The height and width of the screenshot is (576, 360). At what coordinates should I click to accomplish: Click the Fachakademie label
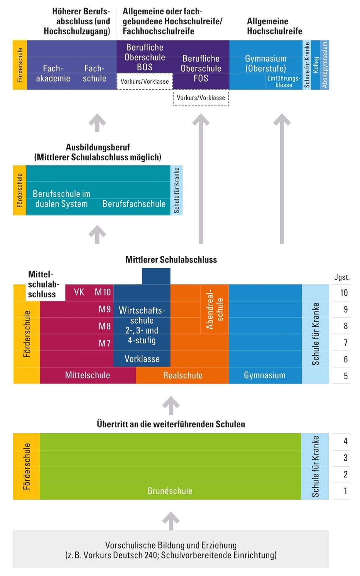point(53,73)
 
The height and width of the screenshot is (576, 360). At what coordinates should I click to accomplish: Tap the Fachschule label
point(94,73)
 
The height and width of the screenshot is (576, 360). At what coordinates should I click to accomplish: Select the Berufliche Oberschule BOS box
point(144,57)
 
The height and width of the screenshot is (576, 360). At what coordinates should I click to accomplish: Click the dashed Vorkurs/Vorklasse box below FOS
point(201,98)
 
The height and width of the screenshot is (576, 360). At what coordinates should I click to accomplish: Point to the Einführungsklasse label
point(283,82)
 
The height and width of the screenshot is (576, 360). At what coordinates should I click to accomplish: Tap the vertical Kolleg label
point(316,65)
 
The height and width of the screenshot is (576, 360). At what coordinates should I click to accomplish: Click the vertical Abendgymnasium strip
point(325,65)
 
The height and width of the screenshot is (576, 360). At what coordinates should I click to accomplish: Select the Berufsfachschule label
point(134,204)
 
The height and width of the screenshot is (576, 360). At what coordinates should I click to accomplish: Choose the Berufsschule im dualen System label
point(62,199)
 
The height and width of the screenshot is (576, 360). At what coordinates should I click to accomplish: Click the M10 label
point(102,292)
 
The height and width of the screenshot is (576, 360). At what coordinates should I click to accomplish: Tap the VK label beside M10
point(79,292)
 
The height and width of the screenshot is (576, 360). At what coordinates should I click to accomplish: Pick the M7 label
point(104,343)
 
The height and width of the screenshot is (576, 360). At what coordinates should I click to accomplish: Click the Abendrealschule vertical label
point(215,309)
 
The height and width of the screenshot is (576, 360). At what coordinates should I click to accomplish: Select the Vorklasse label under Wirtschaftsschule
point(142,359)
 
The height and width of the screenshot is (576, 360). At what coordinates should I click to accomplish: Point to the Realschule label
point(183,375)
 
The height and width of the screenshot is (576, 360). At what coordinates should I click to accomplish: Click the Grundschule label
point(170,491)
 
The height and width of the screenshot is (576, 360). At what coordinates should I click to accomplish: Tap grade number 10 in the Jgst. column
point(344,293)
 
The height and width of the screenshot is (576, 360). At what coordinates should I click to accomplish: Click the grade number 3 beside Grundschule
point(346,458)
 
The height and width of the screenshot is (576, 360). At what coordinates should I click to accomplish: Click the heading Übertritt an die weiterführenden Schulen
point(171,424)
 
